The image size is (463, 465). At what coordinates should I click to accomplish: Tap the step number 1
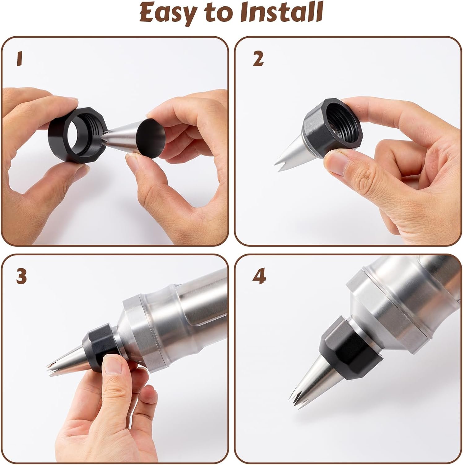tap(20, 59)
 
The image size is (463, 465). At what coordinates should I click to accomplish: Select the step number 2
tap(258, 59)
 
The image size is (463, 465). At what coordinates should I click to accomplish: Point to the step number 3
tap(22, 277)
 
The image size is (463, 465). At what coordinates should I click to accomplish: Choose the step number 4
tap(259, 277)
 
